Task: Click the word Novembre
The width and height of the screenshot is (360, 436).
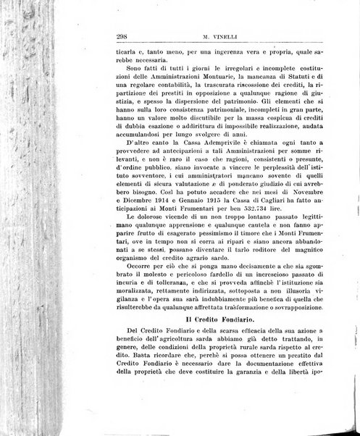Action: click(x=323, y=196)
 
